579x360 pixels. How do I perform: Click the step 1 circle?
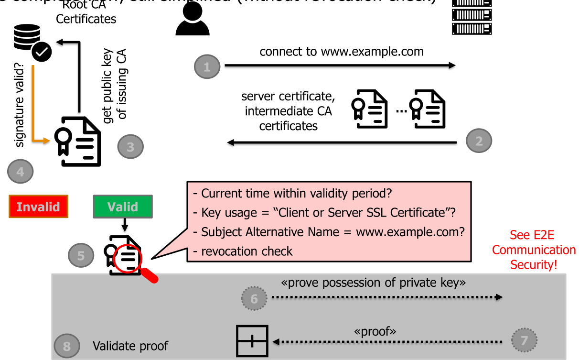click(206, 67)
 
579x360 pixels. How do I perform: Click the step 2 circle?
click(478, 141)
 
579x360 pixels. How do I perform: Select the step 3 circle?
click(130, 147)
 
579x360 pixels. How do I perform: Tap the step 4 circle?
click(21, 171)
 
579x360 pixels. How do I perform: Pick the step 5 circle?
click(80, 255)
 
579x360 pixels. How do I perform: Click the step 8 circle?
click(66, 346)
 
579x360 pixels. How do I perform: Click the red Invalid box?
click(38, 207)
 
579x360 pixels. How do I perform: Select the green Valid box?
click(122, 207)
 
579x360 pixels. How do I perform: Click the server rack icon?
click(472, 17)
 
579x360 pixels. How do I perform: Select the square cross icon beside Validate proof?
click(252, 341)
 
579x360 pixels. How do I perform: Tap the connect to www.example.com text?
click(341, 52)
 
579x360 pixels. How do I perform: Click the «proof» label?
click(375, 331)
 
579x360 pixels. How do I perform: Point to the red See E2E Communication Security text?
click(534, 250)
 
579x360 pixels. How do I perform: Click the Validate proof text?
click(130, 346)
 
